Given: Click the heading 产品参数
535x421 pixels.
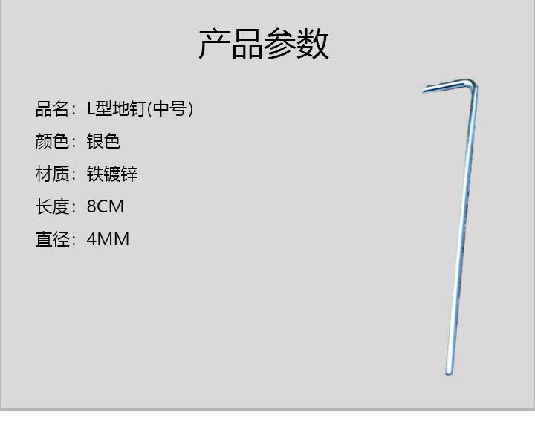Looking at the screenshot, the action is (x=264, y=45).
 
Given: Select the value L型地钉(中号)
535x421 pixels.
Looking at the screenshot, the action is (x=140, y=109).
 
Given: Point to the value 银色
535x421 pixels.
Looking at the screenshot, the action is (x=103, y=142).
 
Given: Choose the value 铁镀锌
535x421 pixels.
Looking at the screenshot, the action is (x=112, y=174).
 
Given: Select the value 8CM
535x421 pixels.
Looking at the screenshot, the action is (x=105, y=206).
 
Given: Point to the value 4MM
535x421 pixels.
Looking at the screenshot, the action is (x=108, y=239).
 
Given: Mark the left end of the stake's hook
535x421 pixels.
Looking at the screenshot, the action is (x=425, y=90).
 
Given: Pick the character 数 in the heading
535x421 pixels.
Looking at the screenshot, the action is (x=314, y=45).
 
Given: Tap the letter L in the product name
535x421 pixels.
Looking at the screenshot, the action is (x=91, y=109).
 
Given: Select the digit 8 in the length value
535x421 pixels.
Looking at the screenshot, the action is (x=91, y=206).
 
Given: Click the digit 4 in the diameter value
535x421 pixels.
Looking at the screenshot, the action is (x=91, y=239).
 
